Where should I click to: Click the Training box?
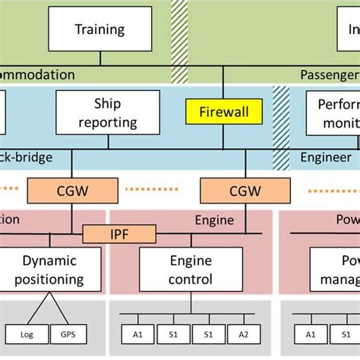[x=100, y=30]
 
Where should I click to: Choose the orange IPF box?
[x=118, y=233]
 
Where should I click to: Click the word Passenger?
[x=328, y=75]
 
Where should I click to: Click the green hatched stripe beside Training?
[x=179, y=30]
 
